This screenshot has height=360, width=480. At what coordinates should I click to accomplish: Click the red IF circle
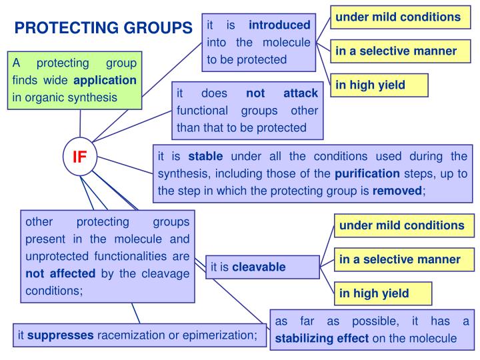coord(80,157)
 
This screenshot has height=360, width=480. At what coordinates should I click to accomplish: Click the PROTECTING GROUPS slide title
coord(103,27)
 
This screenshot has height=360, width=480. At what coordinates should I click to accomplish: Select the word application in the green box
coord(105,80)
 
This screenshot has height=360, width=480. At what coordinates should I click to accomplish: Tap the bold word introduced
coord(279,25)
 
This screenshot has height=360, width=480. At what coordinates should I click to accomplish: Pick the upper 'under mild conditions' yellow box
coord(397,16)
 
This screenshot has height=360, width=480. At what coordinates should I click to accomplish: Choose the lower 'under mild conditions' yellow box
coord(401,225)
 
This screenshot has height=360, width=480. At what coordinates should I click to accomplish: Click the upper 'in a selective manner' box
coord(395,51)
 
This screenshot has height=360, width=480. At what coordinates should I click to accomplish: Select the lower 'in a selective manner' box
coord(399,259)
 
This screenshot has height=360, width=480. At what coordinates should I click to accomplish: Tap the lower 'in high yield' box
coord(374,293)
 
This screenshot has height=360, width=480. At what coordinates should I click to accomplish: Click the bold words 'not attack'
coord(282,93)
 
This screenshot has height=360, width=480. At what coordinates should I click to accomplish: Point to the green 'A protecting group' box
coord(75,80)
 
